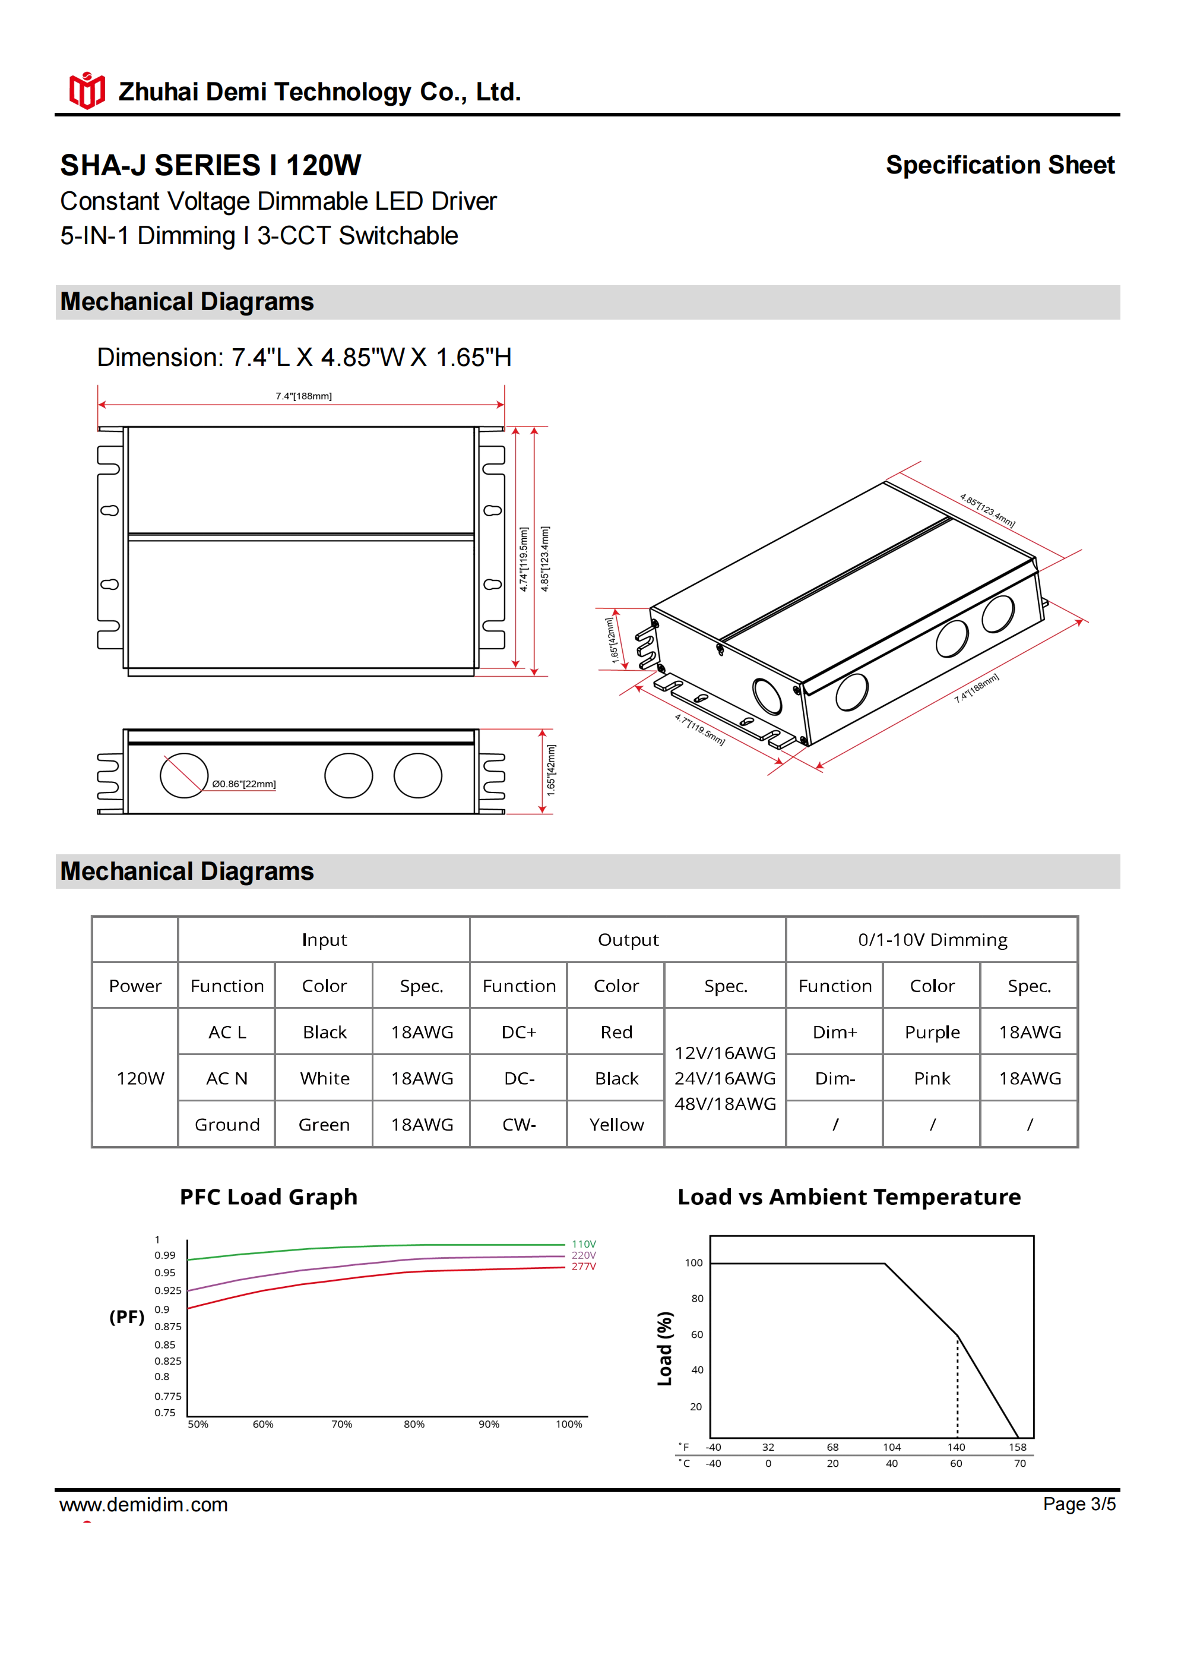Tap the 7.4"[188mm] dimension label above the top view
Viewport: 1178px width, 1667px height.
(x=303, y=396)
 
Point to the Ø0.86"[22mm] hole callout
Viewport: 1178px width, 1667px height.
(x=244, y=784)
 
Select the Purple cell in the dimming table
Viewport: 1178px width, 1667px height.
(x=932, y=1032)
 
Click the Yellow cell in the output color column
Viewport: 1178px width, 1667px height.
(x=616, y=1125)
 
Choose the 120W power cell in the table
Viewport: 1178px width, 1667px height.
(x=140, y=1078)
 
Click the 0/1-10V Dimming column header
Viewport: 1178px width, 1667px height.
(x=932, y=939)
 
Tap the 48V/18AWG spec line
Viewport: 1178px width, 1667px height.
(x=725, y=1104)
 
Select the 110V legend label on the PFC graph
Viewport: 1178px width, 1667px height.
(x=584, y=1244)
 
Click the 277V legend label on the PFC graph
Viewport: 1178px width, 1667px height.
(x=584, y=1266)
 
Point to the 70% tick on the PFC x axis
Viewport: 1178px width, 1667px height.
(x=342, y=1425)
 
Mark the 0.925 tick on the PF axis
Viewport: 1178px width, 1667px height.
(x=167, y=1290)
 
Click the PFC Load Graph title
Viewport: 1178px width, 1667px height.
(x=268, y=1197)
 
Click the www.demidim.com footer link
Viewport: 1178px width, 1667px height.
(x=144, y=1504)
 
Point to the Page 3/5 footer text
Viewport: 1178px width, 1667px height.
(x=1079, y=1504)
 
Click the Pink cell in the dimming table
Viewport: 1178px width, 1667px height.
(x=932, y=1078)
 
